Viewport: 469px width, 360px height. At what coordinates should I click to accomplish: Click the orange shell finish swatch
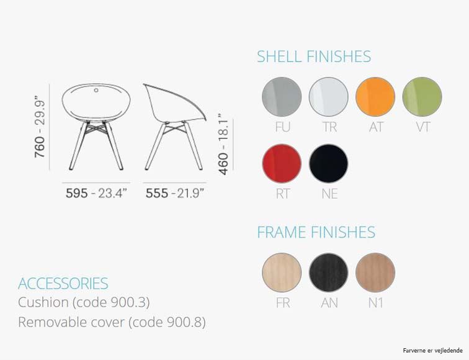375,97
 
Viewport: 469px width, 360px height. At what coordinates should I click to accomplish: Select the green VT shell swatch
422,97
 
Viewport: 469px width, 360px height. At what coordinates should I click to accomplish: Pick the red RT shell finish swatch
282,163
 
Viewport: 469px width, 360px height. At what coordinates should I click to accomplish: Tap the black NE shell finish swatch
328,163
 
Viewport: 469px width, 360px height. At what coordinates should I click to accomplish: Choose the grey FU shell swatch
282,97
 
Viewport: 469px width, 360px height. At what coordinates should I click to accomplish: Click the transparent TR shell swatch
328,97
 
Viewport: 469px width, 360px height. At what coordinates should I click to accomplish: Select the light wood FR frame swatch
282,272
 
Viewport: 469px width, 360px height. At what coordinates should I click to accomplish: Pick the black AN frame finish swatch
328,272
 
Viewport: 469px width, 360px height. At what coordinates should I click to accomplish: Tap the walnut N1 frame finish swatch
375,272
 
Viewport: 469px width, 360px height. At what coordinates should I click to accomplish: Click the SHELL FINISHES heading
314,56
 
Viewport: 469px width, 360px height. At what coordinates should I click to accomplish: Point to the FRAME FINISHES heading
316,232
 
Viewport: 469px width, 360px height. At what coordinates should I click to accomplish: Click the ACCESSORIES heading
63,284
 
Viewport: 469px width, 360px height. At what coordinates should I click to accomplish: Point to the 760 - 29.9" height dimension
40,127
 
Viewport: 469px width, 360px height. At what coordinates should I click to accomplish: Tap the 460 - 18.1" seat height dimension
223,144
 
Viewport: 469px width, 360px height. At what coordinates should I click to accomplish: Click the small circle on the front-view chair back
96,90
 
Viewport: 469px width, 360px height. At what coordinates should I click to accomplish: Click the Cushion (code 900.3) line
84,302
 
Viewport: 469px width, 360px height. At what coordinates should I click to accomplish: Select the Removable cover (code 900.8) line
112,322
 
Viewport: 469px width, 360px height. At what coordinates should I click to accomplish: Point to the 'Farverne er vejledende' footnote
432,351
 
